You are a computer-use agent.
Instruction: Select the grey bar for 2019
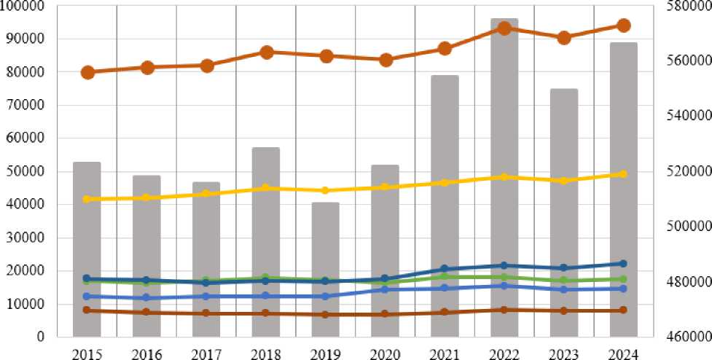[x=326, y=270]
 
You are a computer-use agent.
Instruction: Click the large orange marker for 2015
[x=87, y=72]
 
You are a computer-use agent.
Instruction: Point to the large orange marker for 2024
[x=624, y=26]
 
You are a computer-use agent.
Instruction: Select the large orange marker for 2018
[x=266, y=52]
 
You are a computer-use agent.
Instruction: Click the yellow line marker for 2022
[x=504, y=177]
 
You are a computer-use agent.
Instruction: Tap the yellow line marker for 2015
[x=87, y=199]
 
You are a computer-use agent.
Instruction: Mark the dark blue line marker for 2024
[x=624, y=264]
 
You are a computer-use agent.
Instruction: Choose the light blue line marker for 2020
[x=386, y=289]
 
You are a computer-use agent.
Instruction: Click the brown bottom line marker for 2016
[x=146, y=312]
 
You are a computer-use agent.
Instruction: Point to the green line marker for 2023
[x=564, y=281]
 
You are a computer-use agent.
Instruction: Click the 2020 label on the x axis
[x=386, y=353]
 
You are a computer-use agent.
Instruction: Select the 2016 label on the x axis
[x=146, y=353]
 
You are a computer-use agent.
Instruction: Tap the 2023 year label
[x=564, y=353]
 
